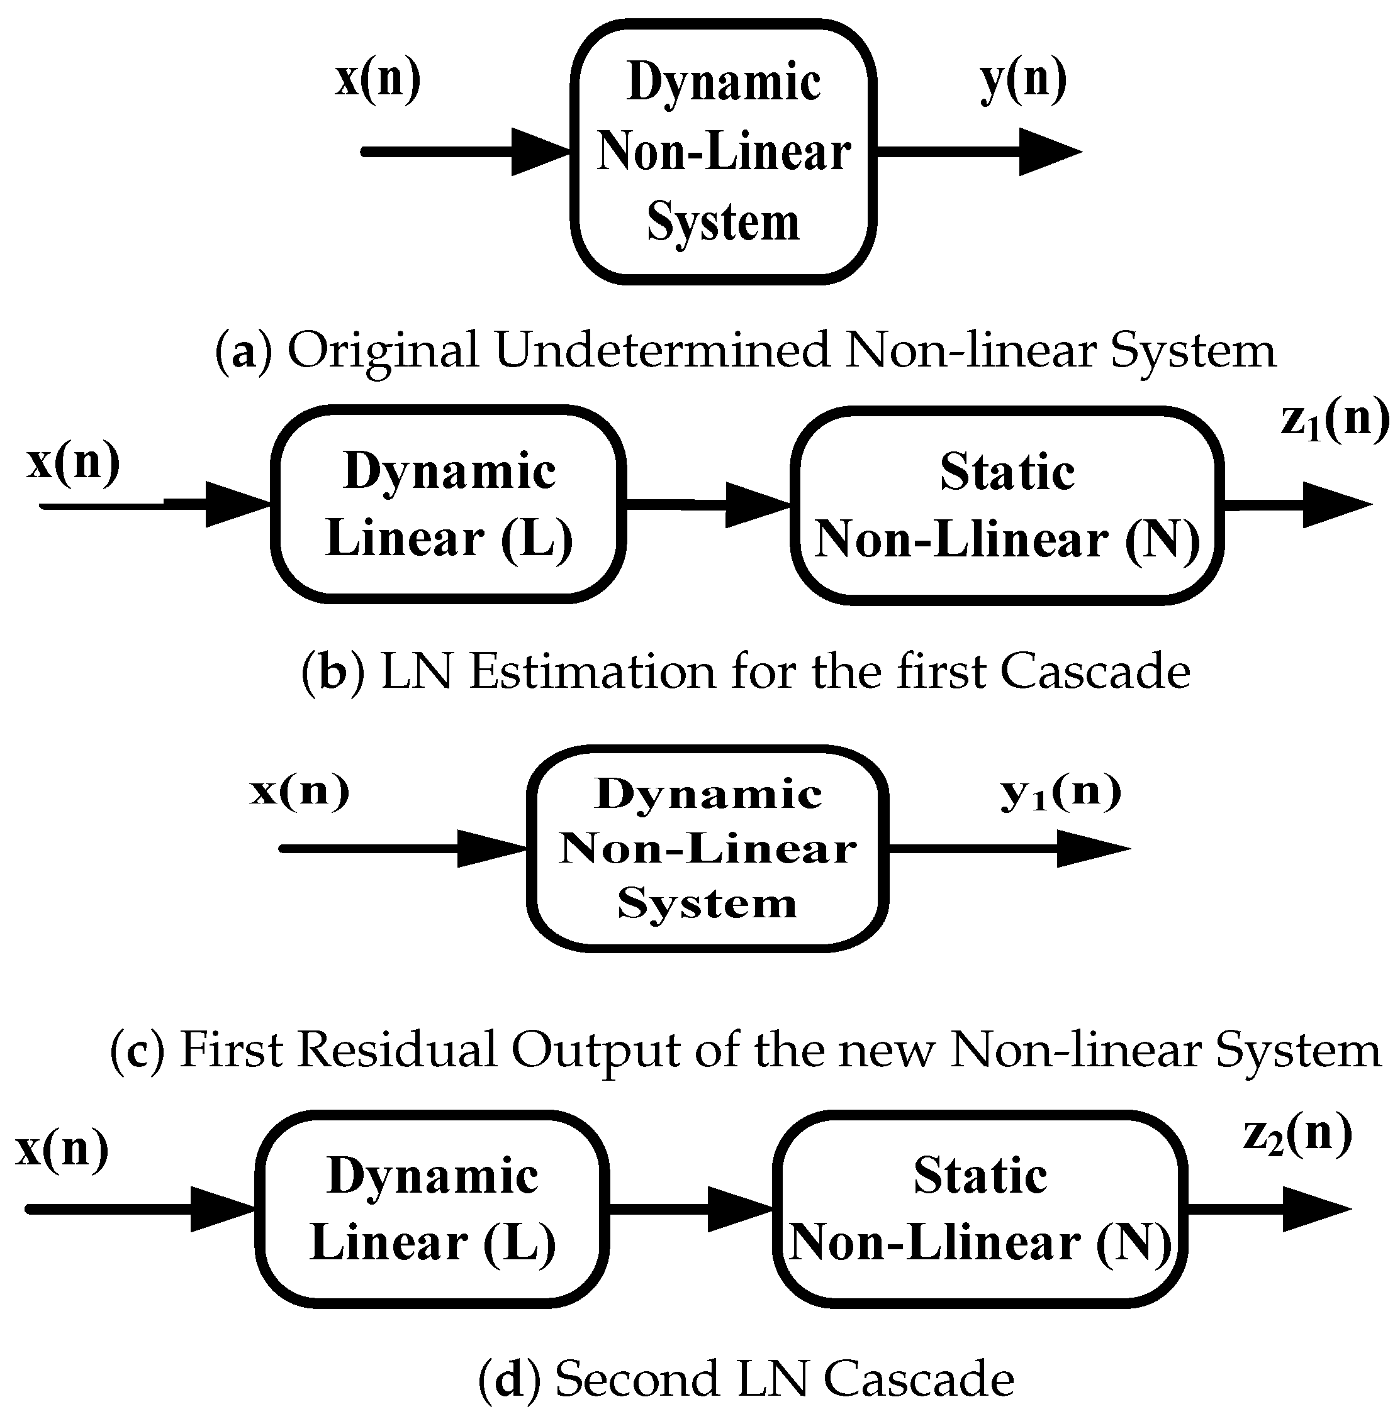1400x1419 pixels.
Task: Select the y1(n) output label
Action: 1060,793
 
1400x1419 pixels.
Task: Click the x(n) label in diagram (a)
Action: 378,79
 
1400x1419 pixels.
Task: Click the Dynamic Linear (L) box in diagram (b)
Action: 448,505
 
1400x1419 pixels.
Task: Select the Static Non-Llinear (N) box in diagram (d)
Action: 980,1209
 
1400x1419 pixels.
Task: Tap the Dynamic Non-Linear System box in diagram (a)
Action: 723,152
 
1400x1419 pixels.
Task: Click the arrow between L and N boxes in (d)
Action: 691,1209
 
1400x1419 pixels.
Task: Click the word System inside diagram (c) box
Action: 707,903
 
